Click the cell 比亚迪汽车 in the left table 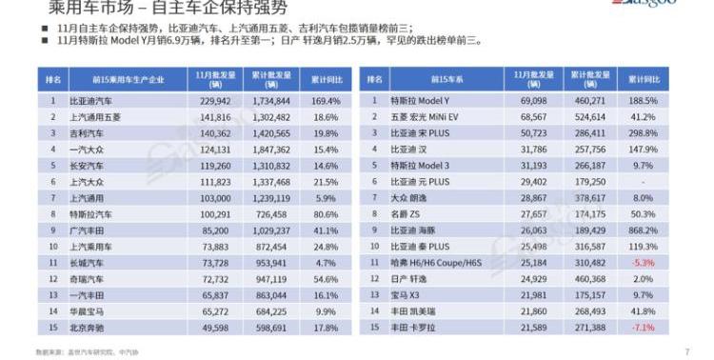tap(91, 98)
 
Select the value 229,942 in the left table tap(216, 98)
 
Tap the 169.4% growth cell tap(326, 98)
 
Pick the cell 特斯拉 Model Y tap(422, 98)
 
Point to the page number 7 tap(686, 351)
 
